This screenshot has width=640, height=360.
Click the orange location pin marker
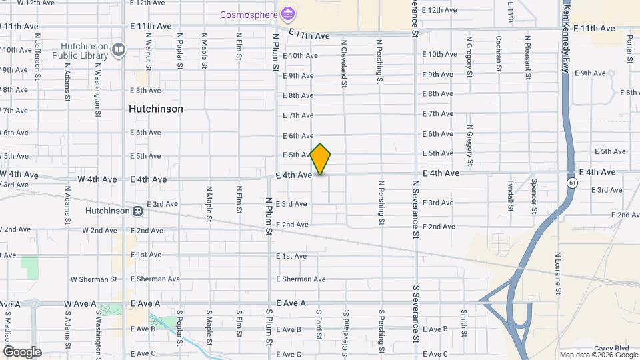[320, 159]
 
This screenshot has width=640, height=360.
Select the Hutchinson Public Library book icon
[119, 49]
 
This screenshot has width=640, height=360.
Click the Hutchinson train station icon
[138, 211]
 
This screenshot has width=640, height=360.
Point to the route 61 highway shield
[573, 183]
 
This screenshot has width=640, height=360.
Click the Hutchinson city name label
[156, 109]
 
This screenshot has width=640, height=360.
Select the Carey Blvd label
[612, 348]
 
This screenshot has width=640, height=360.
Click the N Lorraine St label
[558, 273]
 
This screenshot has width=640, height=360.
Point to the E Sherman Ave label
[301, 279]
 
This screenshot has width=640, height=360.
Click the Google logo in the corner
[22, 351]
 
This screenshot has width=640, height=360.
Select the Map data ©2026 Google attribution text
[598, 355]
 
